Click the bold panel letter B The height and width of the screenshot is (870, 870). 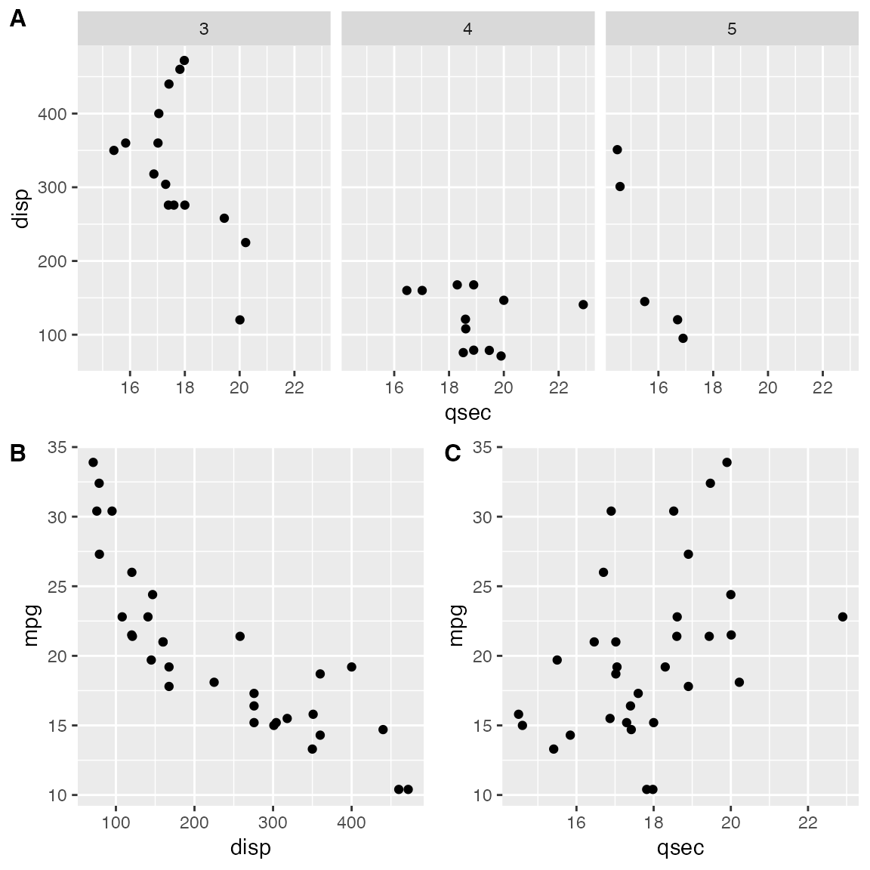[x=17, y=453]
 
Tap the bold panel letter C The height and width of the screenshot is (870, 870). [x=453, y=453]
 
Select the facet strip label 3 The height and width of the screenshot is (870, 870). [x=204, y=29]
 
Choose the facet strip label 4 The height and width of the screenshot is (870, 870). [x=467, y=29]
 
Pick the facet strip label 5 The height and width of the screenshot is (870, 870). [x=731, y=29]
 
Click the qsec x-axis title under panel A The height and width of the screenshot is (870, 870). [x=467, y=412]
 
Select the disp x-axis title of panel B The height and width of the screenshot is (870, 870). [x=250, y=847]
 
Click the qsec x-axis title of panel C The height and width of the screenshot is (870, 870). [x=680, y=847]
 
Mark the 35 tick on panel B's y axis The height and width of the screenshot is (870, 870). [x=57, y=448]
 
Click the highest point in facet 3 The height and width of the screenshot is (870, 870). [x=184, y=60]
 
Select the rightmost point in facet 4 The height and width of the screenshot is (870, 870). [x=583, y=304]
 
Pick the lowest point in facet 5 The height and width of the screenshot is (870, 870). [x=683, y=338]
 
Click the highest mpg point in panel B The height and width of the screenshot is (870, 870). [x=93, y=462]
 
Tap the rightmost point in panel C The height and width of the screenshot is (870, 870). [x=843, y=617]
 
